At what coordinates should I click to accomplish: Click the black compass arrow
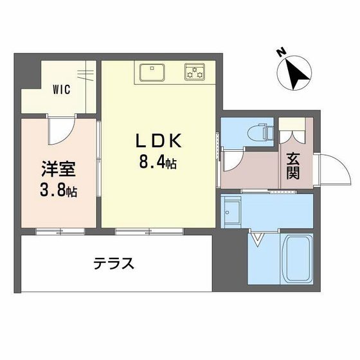[296, 74]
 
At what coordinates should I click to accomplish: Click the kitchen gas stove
[195, 72]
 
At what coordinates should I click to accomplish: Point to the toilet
[260, 132]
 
